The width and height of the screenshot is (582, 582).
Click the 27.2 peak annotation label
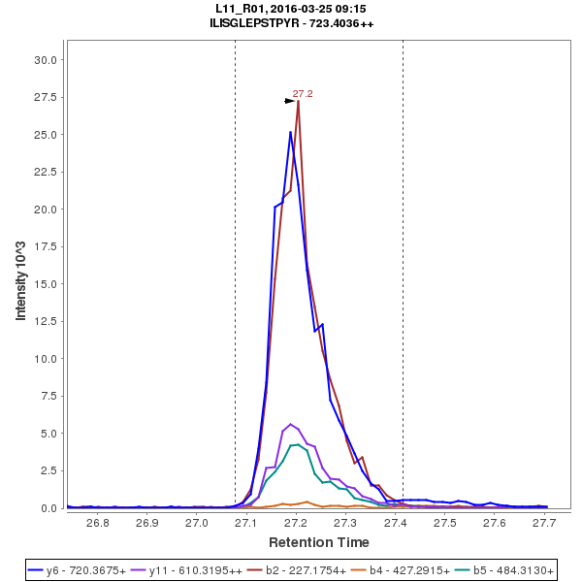point(303,94)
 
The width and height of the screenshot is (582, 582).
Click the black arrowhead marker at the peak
point(289,101)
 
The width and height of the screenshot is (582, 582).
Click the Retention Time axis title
point(318,541)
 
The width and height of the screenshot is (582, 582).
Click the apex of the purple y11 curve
point(291,424)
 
